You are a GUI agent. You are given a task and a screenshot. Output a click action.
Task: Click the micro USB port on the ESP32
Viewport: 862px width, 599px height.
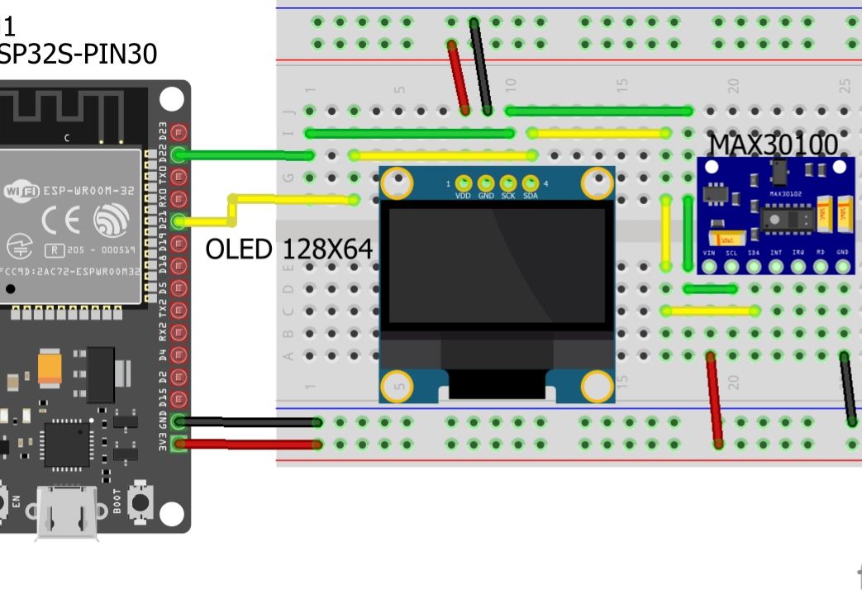pyautogui.click(x=67, y=512)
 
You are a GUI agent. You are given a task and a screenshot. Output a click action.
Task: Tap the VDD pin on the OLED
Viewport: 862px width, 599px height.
pyautogui.click(x=464, y=183)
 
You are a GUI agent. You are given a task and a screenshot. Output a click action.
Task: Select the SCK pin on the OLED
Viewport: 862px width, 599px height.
pyautogui.click(x=508, y=183)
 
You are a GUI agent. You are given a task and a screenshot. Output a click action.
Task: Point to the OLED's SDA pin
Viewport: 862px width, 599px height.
pyautogui.click(x=531, y=183)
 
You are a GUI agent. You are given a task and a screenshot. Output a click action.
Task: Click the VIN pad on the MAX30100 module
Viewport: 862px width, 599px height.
pyautogui.click(x=709, y=266)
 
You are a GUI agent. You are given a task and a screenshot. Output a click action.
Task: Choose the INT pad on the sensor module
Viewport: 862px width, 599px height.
pyautogui.click(x=776, y=266)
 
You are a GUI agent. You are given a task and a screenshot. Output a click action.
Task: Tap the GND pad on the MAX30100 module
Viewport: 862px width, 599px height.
pyautogui.click(x=842, y=266)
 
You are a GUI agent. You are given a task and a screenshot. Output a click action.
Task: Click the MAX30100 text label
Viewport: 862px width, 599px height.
pyautogui.click(x=773, y=144)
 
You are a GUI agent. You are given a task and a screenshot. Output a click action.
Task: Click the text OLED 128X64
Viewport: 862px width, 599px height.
pyautogui.click(x=288, y=249)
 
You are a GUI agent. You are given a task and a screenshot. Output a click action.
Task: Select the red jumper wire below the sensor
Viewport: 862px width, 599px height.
pyautogui.click(x=714, y=400)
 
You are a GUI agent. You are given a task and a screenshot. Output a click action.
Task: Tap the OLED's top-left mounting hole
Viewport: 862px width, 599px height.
pyautogui.click(x=397, y=183)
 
